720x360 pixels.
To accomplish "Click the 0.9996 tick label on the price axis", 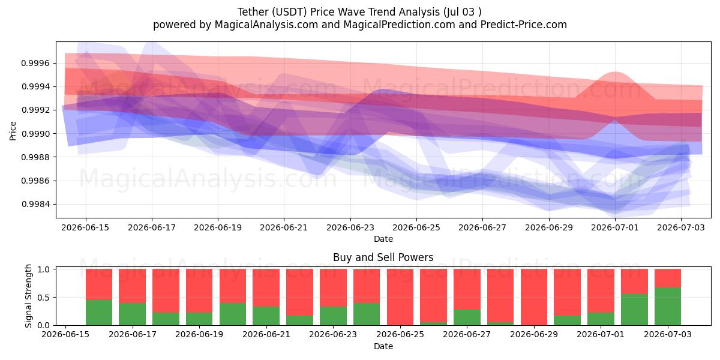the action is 35,63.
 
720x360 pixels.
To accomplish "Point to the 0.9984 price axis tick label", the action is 35,204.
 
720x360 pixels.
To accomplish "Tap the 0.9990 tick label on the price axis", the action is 35,134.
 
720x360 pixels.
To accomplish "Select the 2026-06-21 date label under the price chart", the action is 284,227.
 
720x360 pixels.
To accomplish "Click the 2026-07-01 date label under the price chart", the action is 615,227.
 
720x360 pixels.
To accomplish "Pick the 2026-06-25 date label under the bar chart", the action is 400,334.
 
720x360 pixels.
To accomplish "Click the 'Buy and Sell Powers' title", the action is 383,257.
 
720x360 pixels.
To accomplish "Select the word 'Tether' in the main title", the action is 253,12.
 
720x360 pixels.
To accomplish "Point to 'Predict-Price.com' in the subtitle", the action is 524,25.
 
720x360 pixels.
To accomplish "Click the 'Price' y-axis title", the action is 13,131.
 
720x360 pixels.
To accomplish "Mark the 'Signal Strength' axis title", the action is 28,296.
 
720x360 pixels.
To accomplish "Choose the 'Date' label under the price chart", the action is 383,239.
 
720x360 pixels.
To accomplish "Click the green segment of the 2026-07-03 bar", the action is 668,307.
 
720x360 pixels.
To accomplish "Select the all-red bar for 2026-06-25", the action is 400,297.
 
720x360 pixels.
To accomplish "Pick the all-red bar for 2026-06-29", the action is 534,297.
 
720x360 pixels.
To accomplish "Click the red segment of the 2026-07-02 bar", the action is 634,281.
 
